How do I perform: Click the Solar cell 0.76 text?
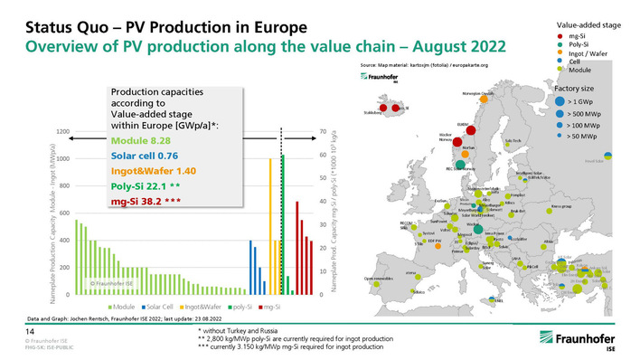click(143, 156)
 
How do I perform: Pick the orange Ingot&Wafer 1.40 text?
click(148, 171)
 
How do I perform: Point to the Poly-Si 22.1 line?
click(145, 185)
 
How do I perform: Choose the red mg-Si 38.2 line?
click(147, 200)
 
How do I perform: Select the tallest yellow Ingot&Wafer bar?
click(270, 226)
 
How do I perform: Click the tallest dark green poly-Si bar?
click(282, 224)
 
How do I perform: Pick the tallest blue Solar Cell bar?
click(250, 268)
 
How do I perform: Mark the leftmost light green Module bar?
click(75, 257)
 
